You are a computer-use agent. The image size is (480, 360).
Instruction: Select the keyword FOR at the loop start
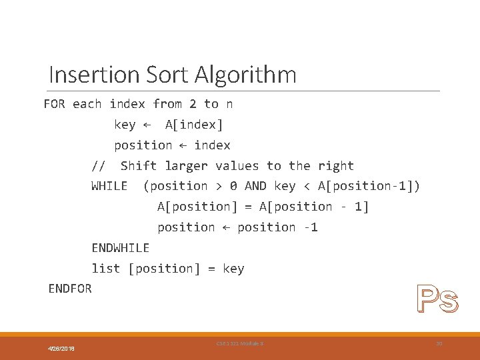pos(55,104)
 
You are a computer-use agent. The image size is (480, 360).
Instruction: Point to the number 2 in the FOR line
pos(193,104)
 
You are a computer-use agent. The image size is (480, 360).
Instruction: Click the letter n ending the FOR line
pos(229,104)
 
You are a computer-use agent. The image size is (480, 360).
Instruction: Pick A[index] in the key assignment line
pos(194,125)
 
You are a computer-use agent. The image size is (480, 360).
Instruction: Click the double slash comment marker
pos(99,166)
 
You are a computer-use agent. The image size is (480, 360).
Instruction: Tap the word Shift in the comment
pos(139,166)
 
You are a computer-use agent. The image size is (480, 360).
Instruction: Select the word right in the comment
pos(336,166)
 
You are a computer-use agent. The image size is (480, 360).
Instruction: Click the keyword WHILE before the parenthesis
pos(109,186)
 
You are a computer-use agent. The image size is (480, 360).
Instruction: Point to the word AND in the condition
pos(256,186)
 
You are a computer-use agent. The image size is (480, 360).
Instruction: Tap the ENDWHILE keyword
pos(121,248)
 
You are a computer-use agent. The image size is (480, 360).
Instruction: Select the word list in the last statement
pos(106,269)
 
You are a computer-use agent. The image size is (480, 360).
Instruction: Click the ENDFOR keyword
pos(70,289)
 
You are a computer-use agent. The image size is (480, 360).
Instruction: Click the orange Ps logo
pos(437,299)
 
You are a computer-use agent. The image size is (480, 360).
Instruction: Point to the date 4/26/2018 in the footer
pos(61,349)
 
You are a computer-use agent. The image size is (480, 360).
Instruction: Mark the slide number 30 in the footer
pos(439,343)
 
